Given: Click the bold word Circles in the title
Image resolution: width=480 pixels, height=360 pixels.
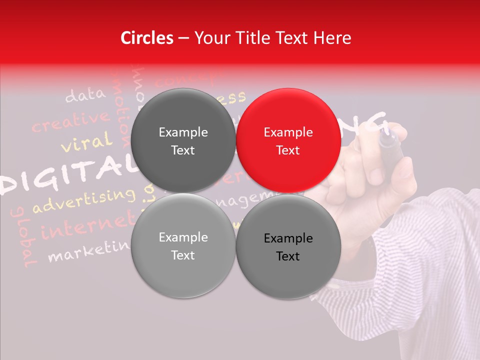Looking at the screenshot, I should click(x=147, y=38).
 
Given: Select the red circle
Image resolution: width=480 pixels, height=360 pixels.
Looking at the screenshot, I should click(x=288, y=140).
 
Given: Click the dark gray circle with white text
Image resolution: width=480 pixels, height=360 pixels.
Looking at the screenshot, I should click(x=183, y=140).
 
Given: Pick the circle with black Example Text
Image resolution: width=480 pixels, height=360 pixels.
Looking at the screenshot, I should click(x=288, y=246).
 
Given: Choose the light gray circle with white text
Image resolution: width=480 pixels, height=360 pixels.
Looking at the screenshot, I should click(x=183, y=245).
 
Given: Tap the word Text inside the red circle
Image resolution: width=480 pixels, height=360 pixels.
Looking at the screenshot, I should click(x=288, y=150).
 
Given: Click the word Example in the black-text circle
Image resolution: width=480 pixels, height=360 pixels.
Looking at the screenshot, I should click(x=288, y=238).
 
